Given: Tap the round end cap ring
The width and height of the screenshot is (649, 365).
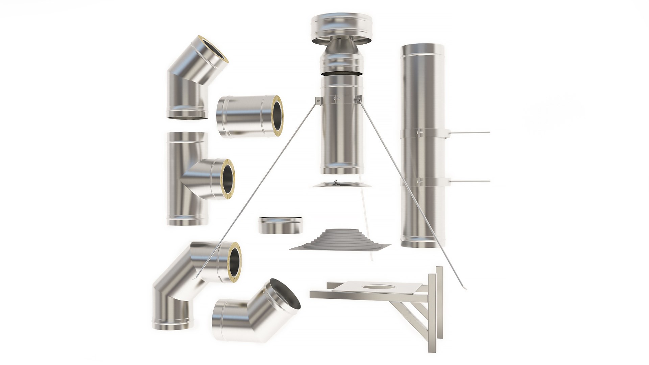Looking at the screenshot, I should point(280,226).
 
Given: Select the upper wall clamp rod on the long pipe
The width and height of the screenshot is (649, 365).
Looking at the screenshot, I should point(470,132).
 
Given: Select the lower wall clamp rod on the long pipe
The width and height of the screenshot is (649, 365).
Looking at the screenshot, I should point(470,181).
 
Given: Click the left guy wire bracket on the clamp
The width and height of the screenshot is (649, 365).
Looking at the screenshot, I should point(318,100).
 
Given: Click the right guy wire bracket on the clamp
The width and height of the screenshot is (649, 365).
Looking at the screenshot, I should point(358,99).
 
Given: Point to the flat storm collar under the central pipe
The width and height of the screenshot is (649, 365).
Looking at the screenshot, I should point(341,185).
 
